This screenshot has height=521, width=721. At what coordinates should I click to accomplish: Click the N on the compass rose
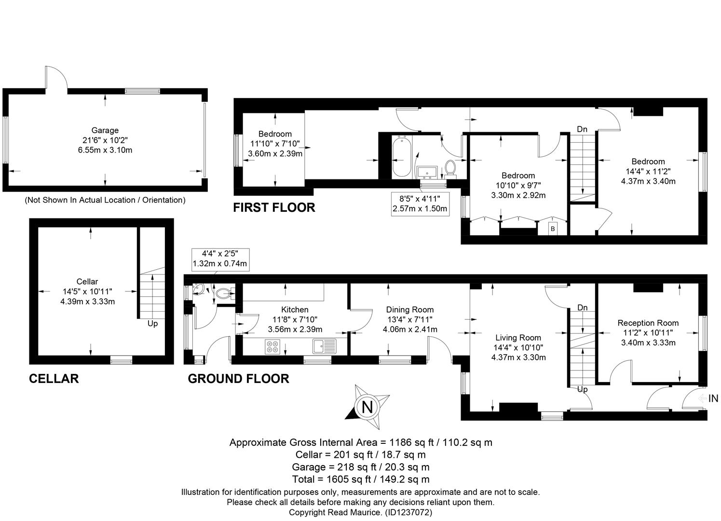coord(367,407)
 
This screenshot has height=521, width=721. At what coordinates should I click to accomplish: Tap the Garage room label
coord(105,130)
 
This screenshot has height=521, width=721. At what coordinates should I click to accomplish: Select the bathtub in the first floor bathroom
coord(401,156)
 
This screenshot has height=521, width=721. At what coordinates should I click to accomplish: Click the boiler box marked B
coord(553,229)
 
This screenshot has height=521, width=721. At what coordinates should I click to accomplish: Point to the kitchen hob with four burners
coord(272,347)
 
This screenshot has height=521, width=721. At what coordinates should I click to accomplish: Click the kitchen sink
coord(324,346)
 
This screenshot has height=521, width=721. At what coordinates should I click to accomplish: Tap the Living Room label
coord(518,338)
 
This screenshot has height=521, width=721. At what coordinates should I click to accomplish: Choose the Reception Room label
coord(648,323)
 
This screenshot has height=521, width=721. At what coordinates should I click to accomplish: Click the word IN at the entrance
coord(713,398)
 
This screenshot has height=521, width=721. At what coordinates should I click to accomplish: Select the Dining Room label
coord(410,310)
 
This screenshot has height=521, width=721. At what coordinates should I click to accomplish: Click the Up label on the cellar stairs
coord(152,324)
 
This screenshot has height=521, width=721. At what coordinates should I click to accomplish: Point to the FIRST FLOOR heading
coord(274,208)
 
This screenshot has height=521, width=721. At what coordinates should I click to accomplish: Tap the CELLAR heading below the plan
coord(54,379)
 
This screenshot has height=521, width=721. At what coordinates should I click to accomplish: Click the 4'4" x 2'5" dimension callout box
coord(220,259)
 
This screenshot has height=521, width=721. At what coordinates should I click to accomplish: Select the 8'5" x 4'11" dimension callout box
coord(420,204)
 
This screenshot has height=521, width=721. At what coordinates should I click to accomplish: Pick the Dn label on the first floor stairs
coord(582,129)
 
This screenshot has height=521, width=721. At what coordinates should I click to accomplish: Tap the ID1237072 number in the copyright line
coord(408,512)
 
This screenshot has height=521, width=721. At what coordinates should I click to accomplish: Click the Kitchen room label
coord(295,310)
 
